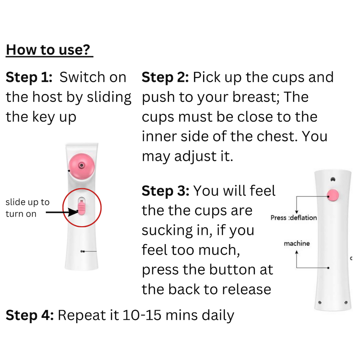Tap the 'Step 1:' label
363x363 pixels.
tap(29, 77)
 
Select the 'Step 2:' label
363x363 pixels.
tap(165, 77)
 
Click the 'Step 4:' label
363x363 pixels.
tap(30, 315)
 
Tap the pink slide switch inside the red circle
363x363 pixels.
tap(82, 208)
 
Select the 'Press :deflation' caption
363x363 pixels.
tap(294, 218)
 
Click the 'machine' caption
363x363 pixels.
tap(297, 243)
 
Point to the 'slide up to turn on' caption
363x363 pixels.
tap(28, 208)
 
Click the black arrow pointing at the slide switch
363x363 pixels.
tap(62, 212)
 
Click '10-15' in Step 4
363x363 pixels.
tap(142, 315)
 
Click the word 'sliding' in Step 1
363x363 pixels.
tap(109, 98)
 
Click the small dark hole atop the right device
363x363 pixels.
tap(333, 180)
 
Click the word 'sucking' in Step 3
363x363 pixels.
tap(167, 231)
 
